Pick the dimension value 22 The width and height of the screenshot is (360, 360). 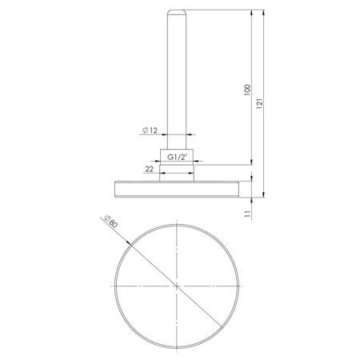pos(150,169)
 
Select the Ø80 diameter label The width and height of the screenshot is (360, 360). pos(110,222)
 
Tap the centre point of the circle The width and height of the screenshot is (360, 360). pos(176,286)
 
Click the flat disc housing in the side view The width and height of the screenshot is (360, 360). pos(176,188)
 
